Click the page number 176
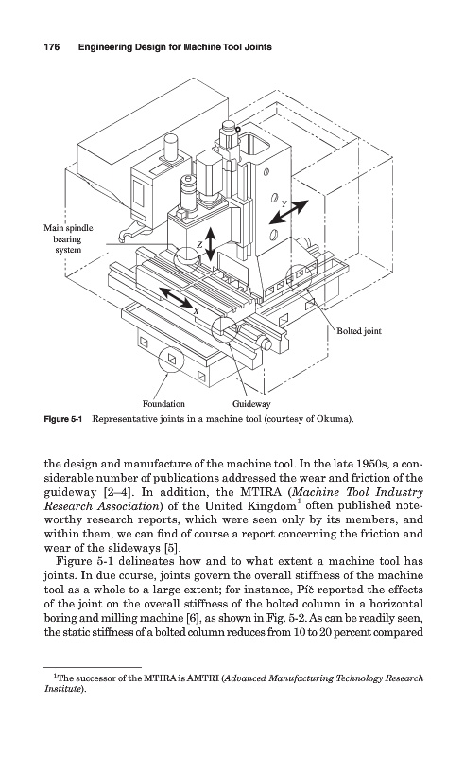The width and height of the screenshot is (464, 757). (52, 47)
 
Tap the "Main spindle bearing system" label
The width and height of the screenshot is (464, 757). (68, 239)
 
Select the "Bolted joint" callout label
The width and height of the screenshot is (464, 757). (359, 331)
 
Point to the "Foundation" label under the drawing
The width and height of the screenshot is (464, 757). (163, 404)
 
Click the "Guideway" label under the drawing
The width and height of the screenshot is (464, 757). (251, 404)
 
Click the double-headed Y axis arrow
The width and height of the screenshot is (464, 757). (288, 212)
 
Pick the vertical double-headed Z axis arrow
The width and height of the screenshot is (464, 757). (210, 244)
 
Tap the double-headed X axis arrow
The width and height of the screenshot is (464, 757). (176, 298)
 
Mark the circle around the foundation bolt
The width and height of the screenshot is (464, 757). (171, 361)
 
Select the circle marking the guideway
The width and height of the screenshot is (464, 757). (225, 330)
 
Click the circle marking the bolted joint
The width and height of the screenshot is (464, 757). (299, 277)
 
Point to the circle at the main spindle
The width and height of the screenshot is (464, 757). (188, 256)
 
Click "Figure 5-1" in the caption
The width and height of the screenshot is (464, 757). (63, 419)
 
